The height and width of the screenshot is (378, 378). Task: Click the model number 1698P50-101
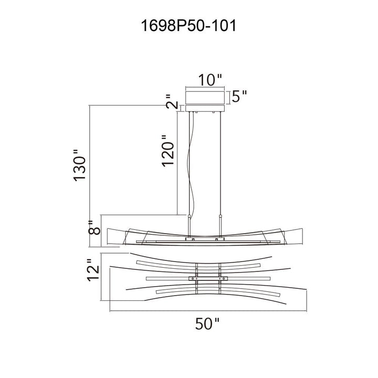(188, 26)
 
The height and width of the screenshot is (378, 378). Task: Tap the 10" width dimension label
(209, 80)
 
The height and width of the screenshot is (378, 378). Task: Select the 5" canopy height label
(239, 97)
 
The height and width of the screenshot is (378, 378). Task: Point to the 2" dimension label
(172, 101)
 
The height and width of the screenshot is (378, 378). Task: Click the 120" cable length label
(168, 151)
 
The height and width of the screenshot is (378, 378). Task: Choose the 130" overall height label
(79, 165)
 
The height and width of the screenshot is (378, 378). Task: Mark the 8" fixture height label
(94, 227)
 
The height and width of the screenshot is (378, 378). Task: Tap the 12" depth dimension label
(93, 270)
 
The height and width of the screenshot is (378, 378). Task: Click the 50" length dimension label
(207, 323)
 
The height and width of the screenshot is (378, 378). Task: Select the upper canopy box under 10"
(205, 98)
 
